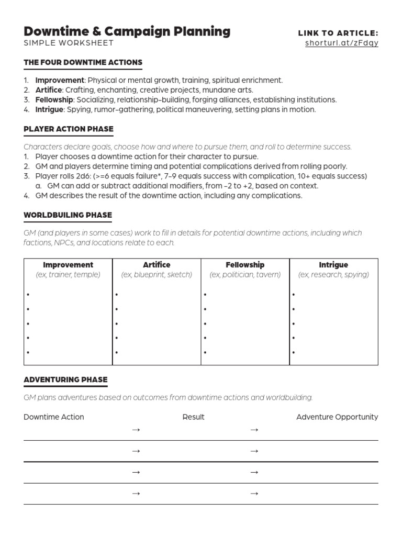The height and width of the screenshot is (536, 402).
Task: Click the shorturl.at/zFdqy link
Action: coord(341,43)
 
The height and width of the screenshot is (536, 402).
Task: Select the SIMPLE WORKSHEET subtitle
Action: coord(69,43)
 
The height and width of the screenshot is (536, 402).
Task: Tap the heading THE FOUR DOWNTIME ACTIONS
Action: coord(83,62)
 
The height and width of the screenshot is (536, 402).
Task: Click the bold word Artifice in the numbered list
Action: coord(48,90)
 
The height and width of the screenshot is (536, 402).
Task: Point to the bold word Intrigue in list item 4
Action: coord(49,109)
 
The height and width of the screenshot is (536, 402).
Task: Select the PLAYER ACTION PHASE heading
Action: coord(69,129)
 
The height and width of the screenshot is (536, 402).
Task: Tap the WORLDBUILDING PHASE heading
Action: coord(68,215)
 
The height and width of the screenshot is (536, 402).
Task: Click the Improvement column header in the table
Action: coord(68,265)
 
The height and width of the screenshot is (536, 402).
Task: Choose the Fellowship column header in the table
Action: coord(245,265)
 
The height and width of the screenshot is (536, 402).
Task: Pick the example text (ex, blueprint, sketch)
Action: coord(157,274)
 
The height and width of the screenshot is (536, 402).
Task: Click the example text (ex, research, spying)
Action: coord(333,274)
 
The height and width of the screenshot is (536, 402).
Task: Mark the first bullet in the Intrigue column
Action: coord(294,295)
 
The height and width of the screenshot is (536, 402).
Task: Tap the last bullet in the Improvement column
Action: coord(28,353)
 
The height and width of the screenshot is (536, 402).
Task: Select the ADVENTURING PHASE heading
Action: coord(65,379)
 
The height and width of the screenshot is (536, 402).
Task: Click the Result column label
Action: coord(193,417)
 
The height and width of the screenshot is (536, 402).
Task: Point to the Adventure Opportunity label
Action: coord(337,417)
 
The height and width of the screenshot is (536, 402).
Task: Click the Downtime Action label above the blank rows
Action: coord(53,417)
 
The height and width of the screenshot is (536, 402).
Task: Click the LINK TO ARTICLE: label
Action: coord(338,33)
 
